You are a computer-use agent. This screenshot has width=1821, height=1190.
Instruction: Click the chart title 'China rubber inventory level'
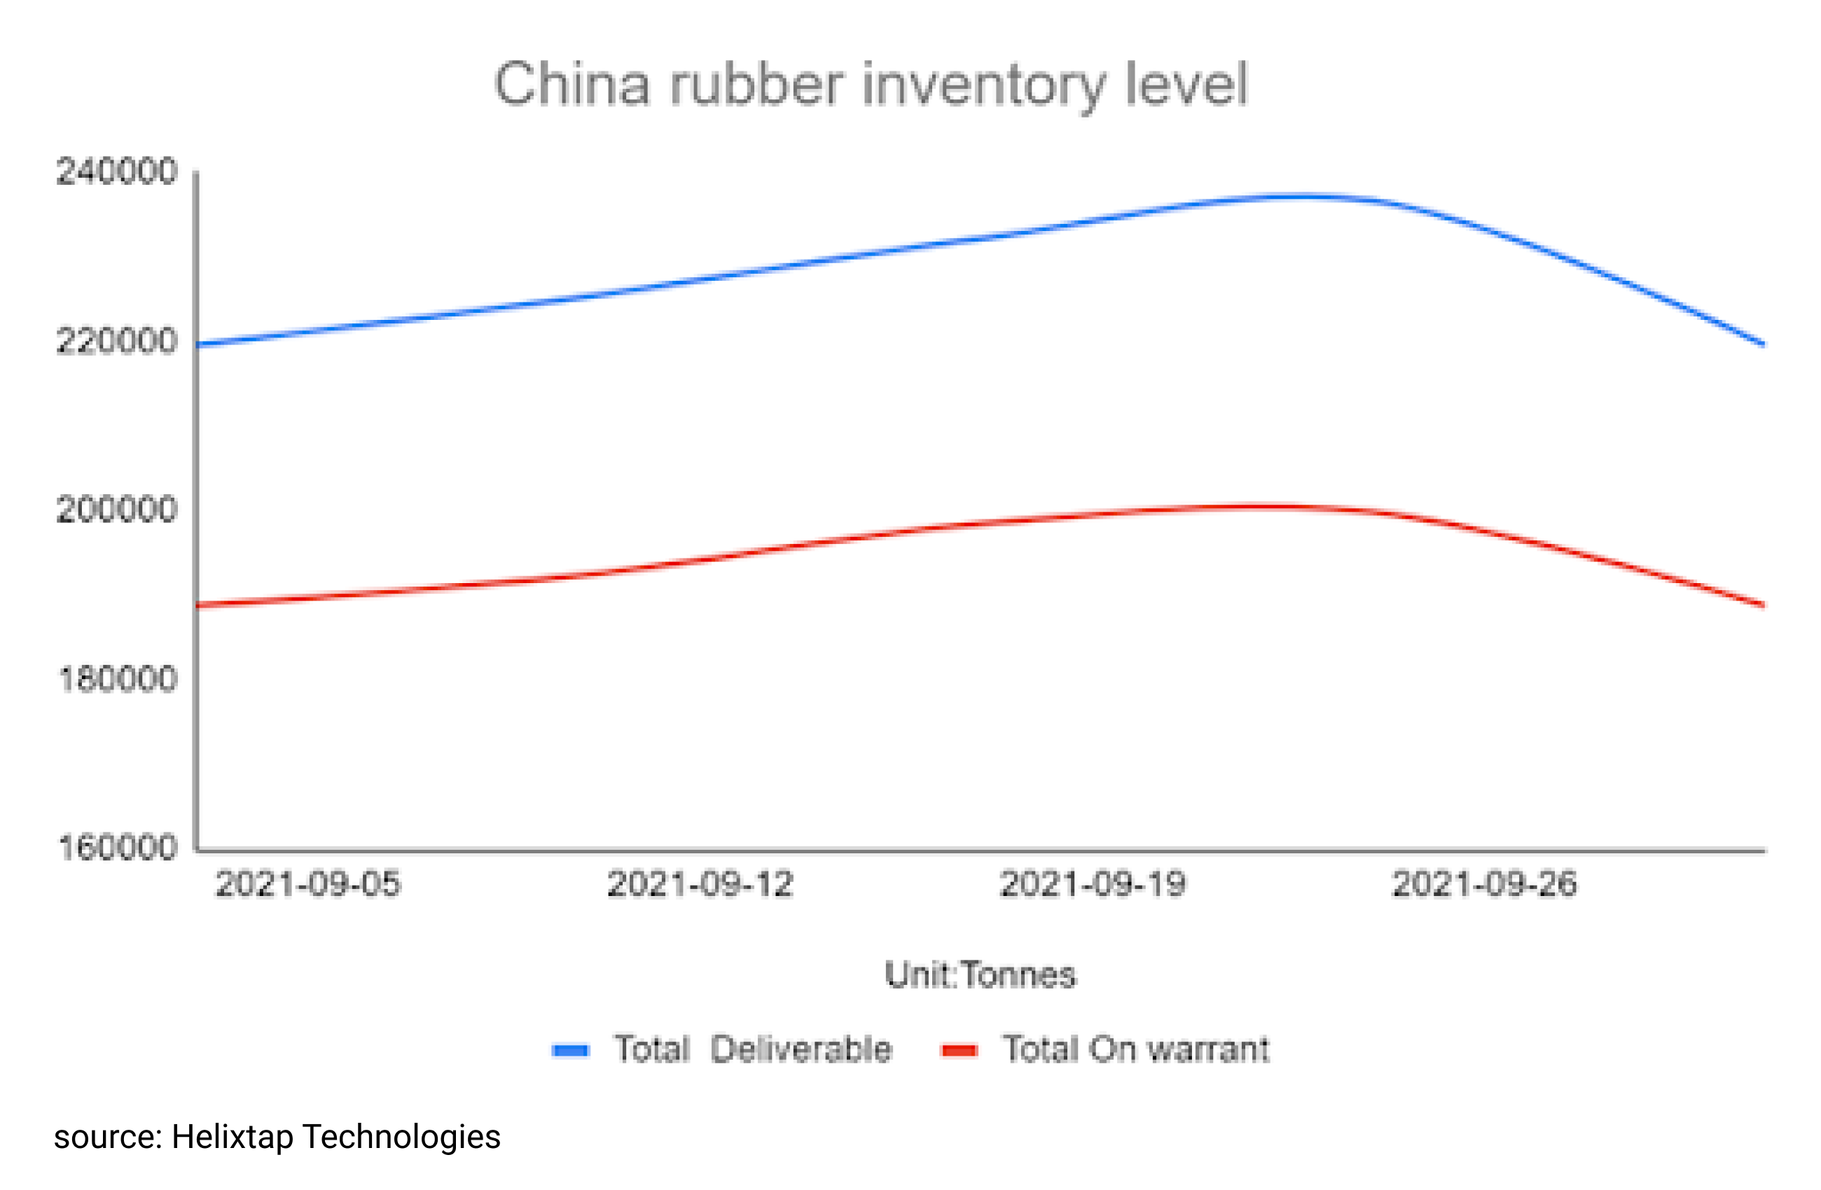click(871, 84)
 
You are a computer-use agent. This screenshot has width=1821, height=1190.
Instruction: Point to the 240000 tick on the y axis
click(116, 171)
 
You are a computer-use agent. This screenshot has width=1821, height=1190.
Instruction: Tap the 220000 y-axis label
click(116, 340)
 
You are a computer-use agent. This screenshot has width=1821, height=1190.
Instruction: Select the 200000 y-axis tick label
click(116, 510)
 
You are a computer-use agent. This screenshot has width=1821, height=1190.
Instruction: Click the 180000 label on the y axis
click(116, 678)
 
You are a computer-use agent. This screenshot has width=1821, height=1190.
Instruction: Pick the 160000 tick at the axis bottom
click(116, 848)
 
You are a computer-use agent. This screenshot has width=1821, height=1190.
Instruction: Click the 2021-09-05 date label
click(307, 885)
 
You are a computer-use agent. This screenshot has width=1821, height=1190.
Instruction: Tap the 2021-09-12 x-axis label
click(699, 885)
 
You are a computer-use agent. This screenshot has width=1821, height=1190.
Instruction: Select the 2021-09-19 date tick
click(1093, 885)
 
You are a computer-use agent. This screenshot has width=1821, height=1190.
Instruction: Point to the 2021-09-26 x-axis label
click(1484, 885)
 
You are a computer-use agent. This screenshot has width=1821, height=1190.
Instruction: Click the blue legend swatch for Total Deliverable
click(571, 1051)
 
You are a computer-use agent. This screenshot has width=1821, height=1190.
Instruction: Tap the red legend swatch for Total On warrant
click(960, 1051)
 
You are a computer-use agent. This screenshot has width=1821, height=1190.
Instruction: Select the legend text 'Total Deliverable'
click(754, 1049)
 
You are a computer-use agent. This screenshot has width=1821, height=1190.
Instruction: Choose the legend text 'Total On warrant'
click(1136, 1049)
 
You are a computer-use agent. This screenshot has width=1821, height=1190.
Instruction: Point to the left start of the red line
click(199, 605)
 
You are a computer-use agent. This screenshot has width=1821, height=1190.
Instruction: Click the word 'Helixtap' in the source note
click(232, 1137)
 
